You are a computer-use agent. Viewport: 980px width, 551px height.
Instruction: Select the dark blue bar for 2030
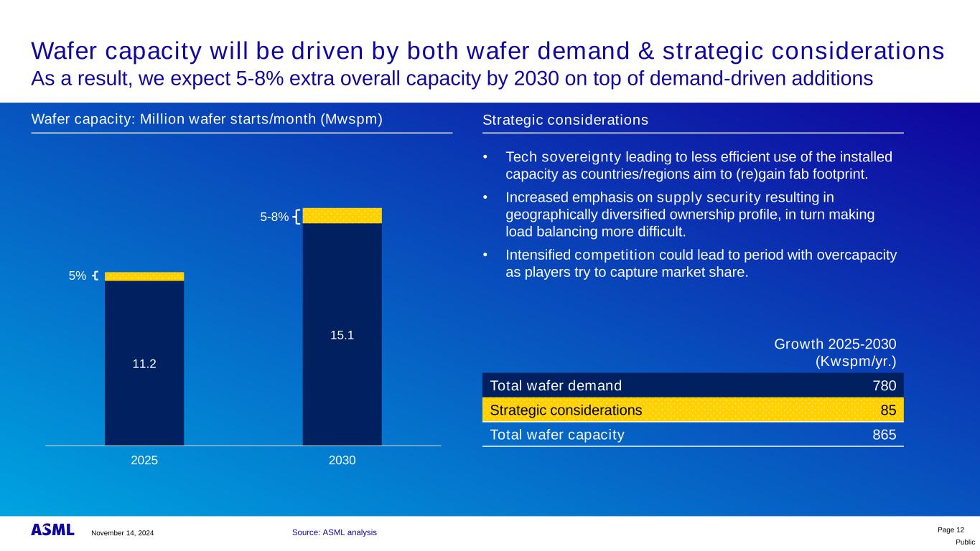pyautogui.click(x=342, y=387)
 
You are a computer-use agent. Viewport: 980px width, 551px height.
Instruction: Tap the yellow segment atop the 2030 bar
pyautogui.click(x=342, y=215)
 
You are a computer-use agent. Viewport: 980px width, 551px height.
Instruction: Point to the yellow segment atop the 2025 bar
pyautogui.click(x=144, y=276)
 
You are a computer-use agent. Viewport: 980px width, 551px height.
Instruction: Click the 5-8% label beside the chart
pyautogui.click(x=274, y=217)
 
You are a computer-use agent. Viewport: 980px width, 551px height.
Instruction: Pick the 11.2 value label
pyautogui.click(x=144, y=364)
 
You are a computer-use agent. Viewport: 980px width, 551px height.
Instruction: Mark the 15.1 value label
pyautogui.click(x=342, y=334)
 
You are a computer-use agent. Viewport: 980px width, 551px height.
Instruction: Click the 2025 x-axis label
pyautogui.click(x=144, y=461)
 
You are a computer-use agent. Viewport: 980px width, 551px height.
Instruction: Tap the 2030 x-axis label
pyautogui.click(x=342, y=461)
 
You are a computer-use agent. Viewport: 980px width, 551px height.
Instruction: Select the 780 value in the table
pyautogui.click(x=885, y=385)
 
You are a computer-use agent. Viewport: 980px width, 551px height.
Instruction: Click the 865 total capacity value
pyautogui.click(x=885, y=435)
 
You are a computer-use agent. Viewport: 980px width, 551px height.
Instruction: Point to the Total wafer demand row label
pyautogui.click(x=555, y=385)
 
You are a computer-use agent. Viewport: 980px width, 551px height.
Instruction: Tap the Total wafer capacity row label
pyautogui.click(x=556, y=435)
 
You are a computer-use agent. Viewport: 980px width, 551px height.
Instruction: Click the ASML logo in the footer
pyautogui.click(x=52, y=530)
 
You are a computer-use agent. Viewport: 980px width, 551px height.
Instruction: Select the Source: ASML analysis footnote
pyautogui.click(x=334, y=532)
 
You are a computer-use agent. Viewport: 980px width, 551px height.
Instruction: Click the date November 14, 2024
pyautogui.click(x=121, y=533)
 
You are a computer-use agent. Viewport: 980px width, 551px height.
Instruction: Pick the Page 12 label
pyautogui.click(x=951, y=529)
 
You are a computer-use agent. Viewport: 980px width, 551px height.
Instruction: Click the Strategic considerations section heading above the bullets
pyautogui.click(x=566, y=121)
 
